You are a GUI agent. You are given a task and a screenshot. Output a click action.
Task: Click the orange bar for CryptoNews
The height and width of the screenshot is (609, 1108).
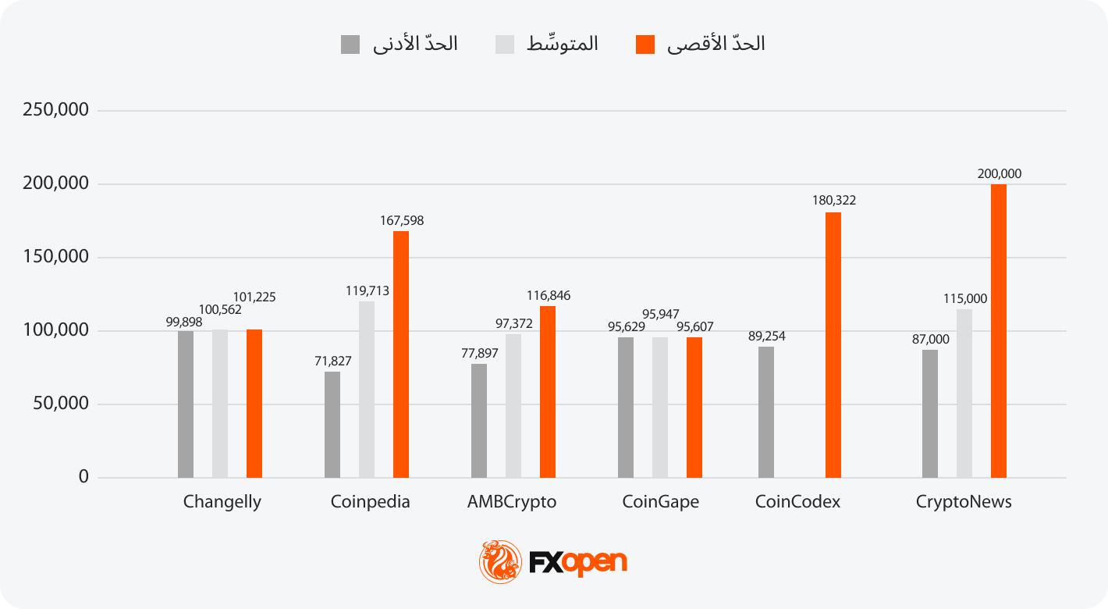[x=999, y=331]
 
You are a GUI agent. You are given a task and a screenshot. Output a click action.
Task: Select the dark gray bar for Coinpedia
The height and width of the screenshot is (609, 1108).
[x=332, y=425]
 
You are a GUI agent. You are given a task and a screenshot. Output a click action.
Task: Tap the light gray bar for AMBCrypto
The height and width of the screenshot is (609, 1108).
[x=513, y=406]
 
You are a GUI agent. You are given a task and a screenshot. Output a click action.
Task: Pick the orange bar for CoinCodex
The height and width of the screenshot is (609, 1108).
[x=833, y=345]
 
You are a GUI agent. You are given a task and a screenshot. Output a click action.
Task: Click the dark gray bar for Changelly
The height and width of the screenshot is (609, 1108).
[x=186, y=404]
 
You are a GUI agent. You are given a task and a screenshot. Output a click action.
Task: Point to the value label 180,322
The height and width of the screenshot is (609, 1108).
[x=833, y=201]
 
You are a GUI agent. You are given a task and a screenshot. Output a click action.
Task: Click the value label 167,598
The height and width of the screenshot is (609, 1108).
[x=401, y=221]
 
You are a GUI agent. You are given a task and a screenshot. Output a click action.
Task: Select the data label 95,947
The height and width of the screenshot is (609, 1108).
[x=659, y=315]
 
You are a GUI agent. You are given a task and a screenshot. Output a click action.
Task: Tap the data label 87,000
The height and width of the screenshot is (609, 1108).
[x=929, y=340]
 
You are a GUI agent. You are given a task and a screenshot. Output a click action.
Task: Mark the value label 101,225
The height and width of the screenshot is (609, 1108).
[x=254, y=297]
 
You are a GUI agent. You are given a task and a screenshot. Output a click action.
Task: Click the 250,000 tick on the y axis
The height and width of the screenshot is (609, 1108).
[x=55, y=110]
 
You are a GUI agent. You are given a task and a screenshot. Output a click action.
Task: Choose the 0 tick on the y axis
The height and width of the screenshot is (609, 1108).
[x=83, y=477]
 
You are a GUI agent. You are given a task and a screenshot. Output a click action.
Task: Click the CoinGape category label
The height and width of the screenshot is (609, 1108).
[x=660, y=502]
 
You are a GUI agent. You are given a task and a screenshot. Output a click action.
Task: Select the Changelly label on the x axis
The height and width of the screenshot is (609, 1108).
[x=222, y=502]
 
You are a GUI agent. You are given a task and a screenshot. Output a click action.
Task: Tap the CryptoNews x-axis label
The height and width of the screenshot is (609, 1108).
[x=964, y=502]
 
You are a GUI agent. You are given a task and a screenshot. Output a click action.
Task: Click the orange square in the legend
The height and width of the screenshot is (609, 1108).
[x=645, y=45]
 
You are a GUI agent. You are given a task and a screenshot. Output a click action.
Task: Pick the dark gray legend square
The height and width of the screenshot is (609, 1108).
[x=350, y=45]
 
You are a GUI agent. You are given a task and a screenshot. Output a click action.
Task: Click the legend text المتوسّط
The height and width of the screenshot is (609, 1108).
[x=563, y=45]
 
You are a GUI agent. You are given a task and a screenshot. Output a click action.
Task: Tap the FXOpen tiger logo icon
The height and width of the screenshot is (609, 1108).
[x=500, y=561]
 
